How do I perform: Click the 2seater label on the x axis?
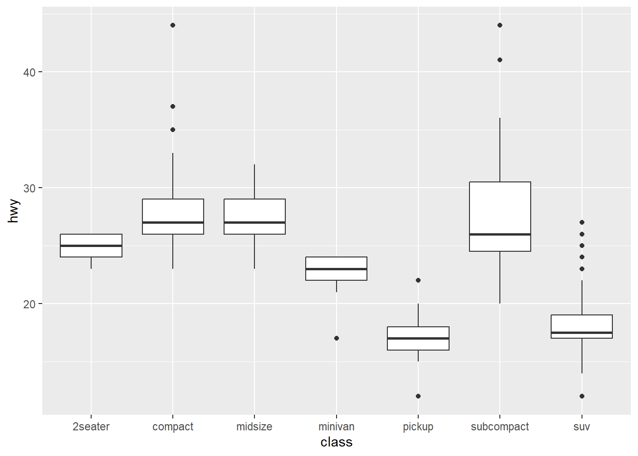tap(91, 427)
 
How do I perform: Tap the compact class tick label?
tap(173, 427)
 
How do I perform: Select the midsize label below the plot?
tap(254, 427)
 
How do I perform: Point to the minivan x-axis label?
tap(336, 427)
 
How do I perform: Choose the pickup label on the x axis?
tap(418, 427)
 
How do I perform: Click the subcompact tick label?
tap(500, 427)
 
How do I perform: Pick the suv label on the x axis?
tap(582, 427)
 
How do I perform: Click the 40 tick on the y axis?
tap(29, 72)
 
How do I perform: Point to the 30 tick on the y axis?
tap(29, 188)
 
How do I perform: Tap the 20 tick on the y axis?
tap(29, 304)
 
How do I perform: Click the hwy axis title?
tap(13, 211)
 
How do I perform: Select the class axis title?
tap(336, 442)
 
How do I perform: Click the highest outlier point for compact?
tap(173, 25)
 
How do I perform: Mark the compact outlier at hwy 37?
tap(173, 106)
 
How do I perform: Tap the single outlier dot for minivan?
tap(336, 338)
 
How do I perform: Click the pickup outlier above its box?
tap(418, 280)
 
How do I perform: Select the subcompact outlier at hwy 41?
tap(500, 60)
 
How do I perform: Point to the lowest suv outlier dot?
tap(582, 396)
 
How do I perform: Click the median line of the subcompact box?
tap(500, 234)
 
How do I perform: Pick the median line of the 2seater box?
tap(91, 246)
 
